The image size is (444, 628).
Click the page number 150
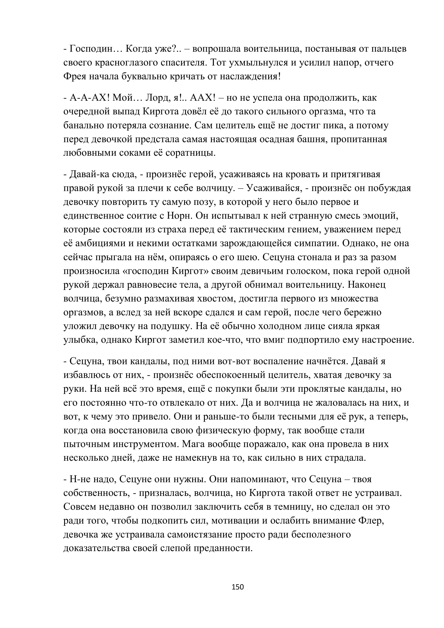coord(238,587)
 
